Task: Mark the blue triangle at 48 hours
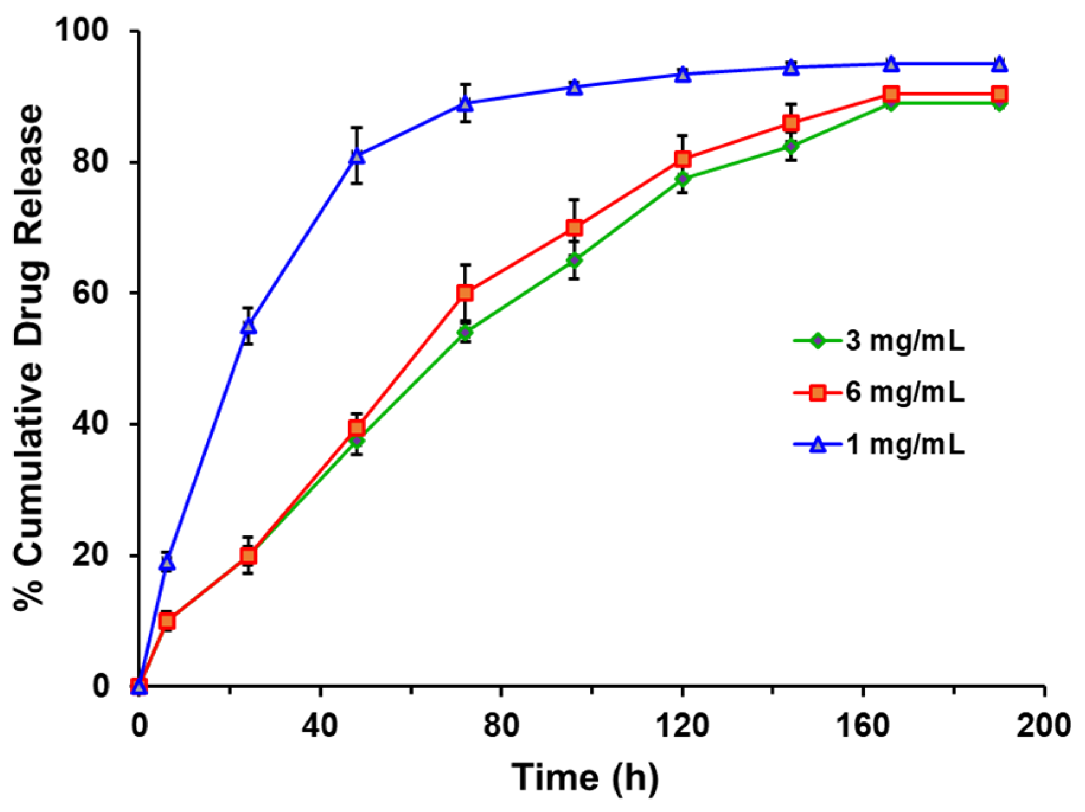click(x=357, y=156)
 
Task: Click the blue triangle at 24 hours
click(x=248, y=326)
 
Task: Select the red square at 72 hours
click(x=465, y=293)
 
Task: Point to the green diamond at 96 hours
click(x=574, y=260)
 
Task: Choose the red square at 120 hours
click(x=683, y=159)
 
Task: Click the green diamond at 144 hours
click(x=791, y=146)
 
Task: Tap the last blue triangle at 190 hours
click(x=999, y=64)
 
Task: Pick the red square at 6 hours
click(x=167, y=621)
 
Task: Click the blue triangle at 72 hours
click(x=465, y=104)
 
